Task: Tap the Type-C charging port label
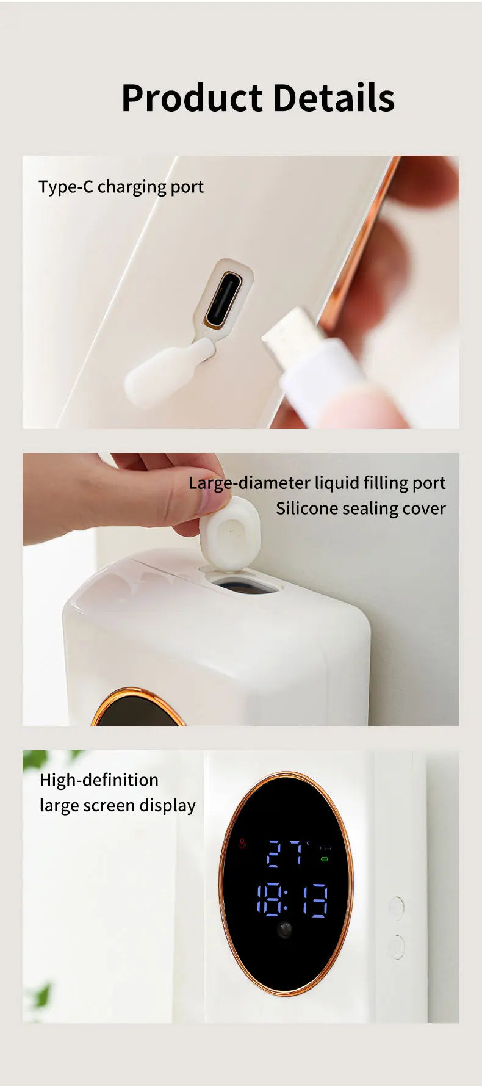[121, 187]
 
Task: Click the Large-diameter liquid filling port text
[317, 483]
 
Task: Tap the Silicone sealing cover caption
[361, 509]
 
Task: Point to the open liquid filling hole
[242, 585]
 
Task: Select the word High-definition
[99, 780]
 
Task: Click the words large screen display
[118, 806]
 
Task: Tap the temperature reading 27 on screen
[285, 853]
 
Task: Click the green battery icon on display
[325, 860]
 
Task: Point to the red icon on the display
[242, 844]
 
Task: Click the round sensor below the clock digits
[284, 930]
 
